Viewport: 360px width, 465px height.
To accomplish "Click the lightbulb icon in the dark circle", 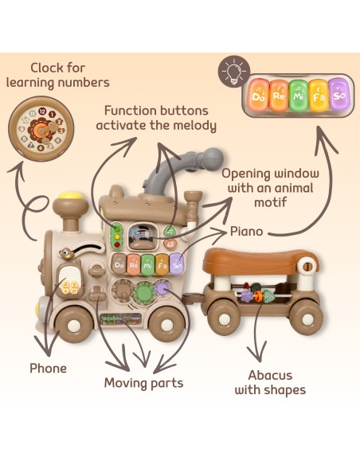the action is pos(234,71).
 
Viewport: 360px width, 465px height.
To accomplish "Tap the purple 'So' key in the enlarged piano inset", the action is pos(338,94).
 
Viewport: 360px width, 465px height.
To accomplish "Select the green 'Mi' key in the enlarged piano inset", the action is pos(299,96).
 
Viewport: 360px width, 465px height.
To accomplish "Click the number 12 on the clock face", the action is pos(42,111).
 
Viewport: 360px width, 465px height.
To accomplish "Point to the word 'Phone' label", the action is pos(48,369).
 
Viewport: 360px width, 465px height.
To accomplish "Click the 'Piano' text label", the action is pos(246,232).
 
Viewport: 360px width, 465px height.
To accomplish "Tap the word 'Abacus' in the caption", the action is pos(270,375).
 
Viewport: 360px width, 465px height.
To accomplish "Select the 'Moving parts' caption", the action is pos(143,383).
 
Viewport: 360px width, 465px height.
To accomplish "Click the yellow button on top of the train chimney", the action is pos(71,195).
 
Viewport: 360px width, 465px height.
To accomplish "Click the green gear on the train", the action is pos(144,293).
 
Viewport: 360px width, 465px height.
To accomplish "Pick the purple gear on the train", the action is pos(162,287).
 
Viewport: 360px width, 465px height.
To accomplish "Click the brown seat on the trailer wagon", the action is pos(260,261).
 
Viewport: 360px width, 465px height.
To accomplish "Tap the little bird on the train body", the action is pos(67,253).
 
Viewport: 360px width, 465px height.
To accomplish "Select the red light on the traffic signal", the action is pos(117,245).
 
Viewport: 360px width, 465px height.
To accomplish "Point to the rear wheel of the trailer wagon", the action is pos(306,318).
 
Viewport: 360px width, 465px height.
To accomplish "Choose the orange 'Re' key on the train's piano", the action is pos(134,265).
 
